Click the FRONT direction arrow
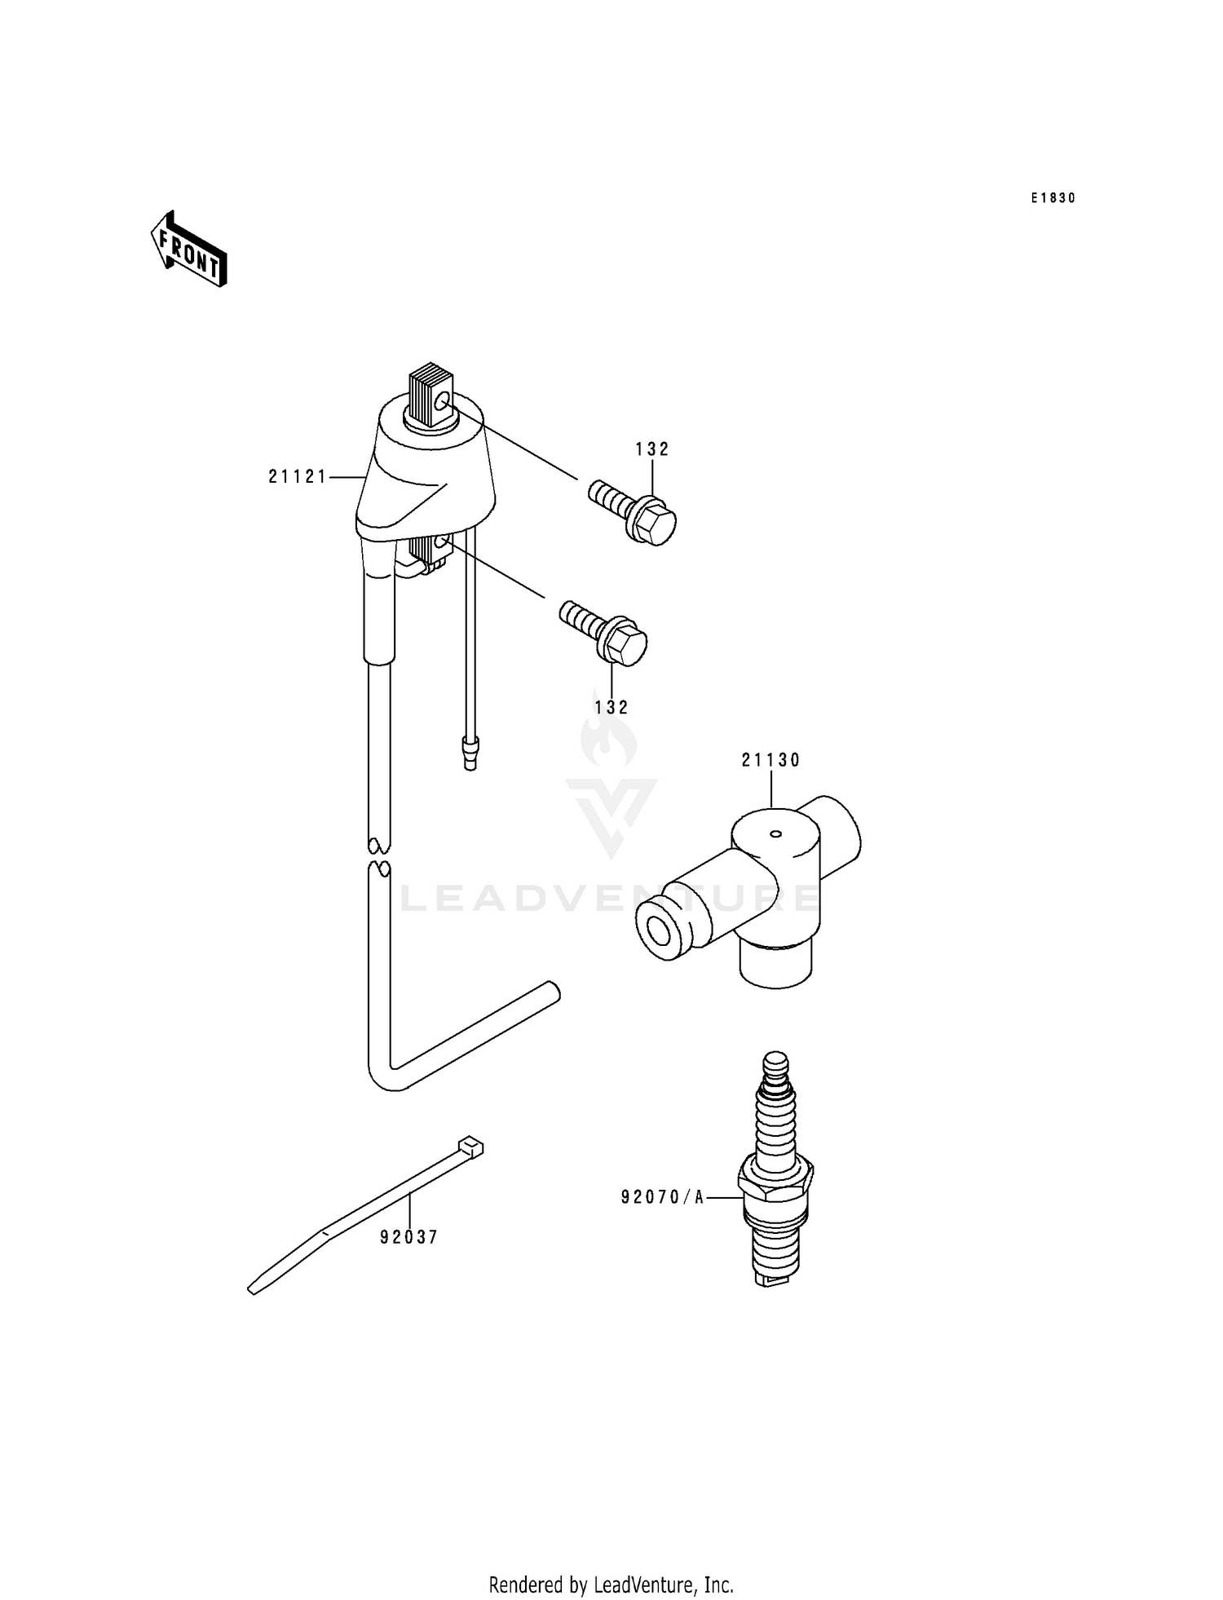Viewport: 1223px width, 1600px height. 188,249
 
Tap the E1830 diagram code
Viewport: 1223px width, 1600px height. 1053,198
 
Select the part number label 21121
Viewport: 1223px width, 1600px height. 298,477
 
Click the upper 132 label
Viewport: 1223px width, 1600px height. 652,449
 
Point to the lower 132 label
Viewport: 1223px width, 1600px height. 611,708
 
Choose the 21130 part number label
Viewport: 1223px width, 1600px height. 770,760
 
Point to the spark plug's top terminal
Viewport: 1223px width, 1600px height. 775,1063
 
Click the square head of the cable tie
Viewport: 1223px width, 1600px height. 471,1147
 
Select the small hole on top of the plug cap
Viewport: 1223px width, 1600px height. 775,833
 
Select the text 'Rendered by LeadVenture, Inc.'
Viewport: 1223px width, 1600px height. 611,1585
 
